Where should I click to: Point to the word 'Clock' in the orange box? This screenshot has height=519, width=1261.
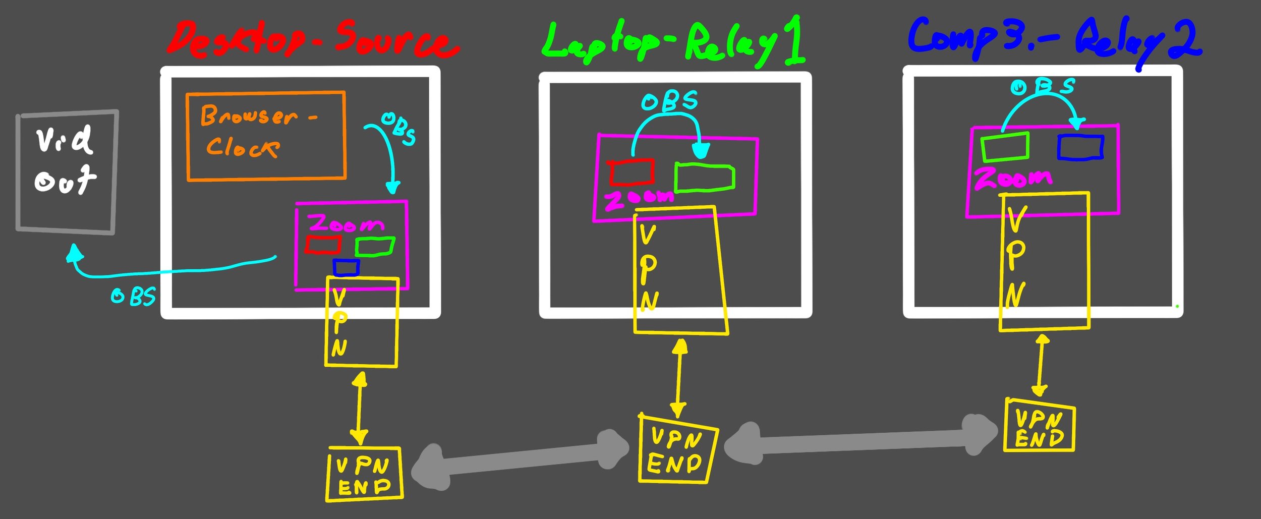242,147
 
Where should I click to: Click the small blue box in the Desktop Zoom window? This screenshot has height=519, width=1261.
346,267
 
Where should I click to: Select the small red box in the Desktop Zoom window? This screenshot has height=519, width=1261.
323,245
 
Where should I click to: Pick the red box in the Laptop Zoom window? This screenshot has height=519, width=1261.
632,172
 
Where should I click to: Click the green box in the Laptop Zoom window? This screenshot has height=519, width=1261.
705,178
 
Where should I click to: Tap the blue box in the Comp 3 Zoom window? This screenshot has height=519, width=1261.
1080,147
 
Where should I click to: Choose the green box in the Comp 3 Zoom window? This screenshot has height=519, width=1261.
1005,147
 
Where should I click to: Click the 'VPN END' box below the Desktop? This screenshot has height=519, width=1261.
364,474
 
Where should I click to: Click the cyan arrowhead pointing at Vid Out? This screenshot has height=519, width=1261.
75,252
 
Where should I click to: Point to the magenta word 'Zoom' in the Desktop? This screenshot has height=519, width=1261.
347,223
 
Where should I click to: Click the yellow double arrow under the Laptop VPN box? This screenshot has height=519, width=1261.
679,378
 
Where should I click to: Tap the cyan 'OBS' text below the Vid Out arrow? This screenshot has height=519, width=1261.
134,297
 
